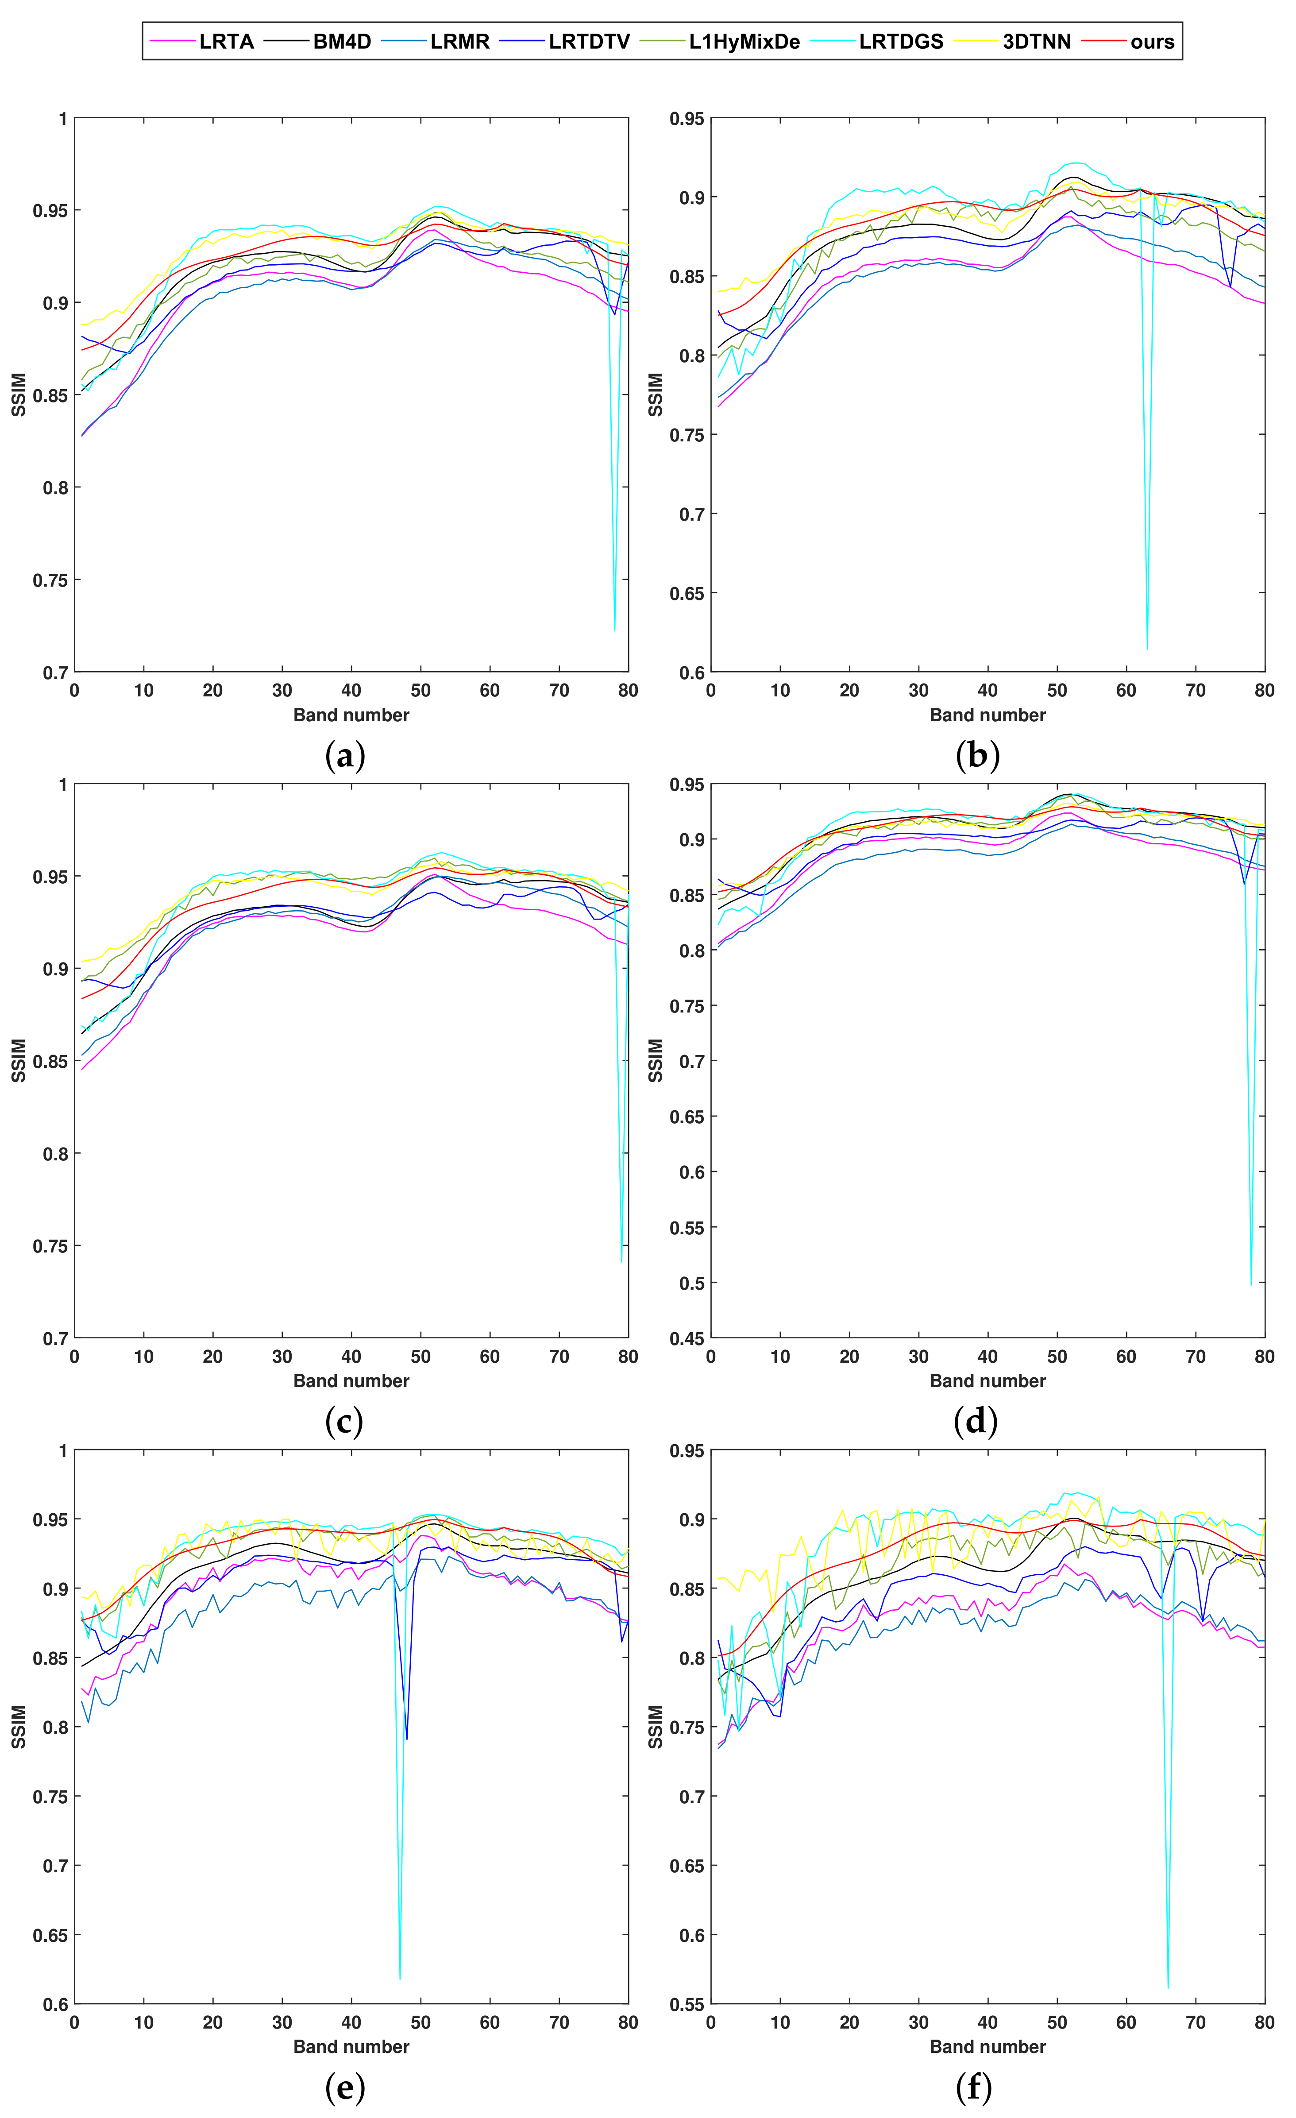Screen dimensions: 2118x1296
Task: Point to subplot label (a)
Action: pyautogui.click(x=346, y=757)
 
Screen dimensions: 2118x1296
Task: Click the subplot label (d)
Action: pyautogui.click(x=976, y=1422)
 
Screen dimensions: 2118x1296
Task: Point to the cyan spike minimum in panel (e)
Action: pyautogui.click(x=400, y=1979)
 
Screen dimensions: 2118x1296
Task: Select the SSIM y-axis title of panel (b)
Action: pyautogui.click(x=656, y=394)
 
